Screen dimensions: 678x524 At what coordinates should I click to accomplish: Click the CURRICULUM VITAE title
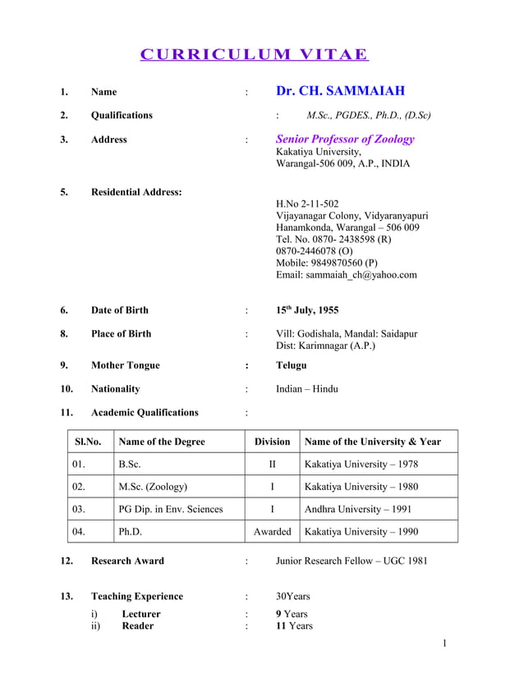[x=254, y=55]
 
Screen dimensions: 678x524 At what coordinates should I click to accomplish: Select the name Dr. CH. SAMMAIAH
[x=340, y=91]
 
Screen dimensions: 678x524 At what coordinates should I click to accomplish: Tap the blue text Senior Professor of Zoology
[x=345, y=140]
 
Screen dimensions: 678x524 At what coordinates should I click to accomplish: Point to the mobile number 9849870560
[x=327, y=263]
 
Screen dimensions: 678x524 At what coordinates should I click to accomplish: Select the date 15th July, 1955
[x=306, y=310]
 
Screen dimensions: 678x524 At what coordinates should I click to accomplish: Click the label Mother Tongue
[x=125, y=365]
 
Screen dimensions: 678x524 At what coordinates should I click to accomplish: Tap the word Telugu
[x=292, y=365]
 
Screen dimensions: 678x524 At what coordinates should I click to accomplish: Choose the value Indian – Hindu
[x=306, y=389]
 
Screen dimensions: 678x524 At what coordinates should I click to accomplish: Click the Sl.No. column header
[x=88, y=442]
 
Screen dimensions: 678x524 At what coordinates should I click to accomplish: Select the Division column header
[x=272, y=442]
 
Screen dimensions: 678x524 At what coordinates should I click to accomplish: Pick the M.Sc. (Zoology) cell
[x=153, y=487]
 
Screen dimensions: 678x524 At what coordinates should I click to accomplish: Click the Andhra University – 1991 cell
[x=358, y=509]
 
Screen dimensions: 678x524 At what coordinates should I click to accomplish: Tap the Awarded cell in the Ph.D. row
[x=272, y=532]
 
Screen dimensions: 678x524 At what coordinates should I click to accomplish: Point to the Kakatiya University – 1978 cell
[x=361, y=465]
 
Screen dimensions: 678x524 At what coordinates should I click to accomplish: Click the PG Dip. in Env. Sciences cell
[x=170, y=509]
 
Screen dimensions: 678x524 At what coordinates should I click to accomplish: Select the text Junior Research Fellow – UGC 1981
[x=351, y=561]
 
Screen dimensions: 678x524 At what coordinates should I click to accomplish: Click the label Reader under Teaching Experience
[x=137, y=626]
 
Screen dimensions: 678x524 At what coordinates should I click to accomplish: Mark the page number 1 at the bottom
[x=444, y=643]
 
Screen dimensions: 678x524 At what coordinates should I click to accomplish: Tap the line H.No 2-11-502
[x=306, y=204]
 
